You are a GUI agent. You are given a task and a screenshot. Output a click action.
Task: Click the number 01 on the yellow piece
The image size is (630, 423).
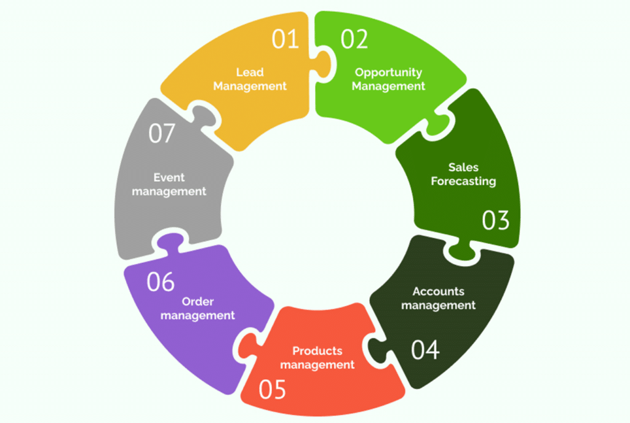[285, 39]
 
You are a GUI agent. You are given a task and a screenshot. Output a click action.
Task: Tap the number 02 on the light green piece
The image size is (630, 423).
[354, 39]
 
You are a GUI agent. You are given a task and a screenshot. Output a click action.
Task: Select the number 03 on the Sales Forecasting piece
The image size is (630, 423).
[496, 220]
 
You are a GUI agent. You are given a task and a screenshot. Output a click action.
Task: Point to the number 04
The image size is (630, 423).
[426, 349]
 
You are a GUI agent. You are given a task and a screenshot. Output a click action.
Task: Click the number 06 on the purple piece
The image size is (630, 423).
[161, 281]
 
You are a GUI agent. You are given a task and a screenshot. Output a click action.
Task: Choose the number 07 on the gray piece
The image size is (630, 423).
[162, 134]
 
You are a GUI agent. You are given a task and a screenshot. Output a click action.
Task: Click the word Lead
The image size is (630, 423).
[250, 73]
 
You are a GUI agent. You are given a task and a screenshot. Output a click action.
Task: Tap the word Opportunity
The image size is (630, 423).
[388, 73]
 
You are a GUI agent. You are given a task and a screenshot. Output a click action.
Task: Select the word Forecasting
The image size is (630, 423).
[463, 181]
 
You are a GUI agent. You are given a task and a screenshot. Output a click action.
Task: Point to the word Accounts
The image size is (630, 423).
[438, 291]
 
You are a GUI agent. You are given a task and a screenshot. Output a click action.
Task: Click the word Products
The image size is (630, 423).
[317, 351]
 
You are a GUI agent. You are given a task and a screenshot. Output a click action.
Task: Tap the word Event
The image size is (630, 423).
[169, 177]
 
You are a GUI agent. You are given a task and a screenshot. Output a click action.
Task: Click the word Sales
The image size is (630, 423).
[463, 167]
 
